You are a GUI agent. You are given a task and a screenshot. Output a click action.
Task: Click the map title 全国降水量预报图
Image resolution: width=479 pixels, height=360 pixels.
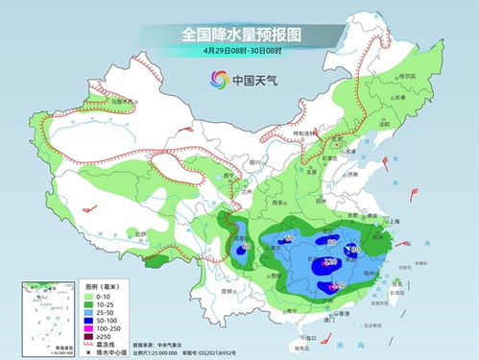(x=239, y=35)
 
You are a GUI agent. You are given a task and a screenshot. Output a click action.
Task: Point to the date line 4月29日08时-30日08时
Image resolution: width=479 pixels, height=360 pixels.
(x=239, y=51)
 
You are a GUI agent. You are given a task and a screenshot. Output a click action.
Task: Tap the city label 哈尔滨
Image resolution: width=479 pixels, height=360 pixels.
(x=402, y=76)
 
